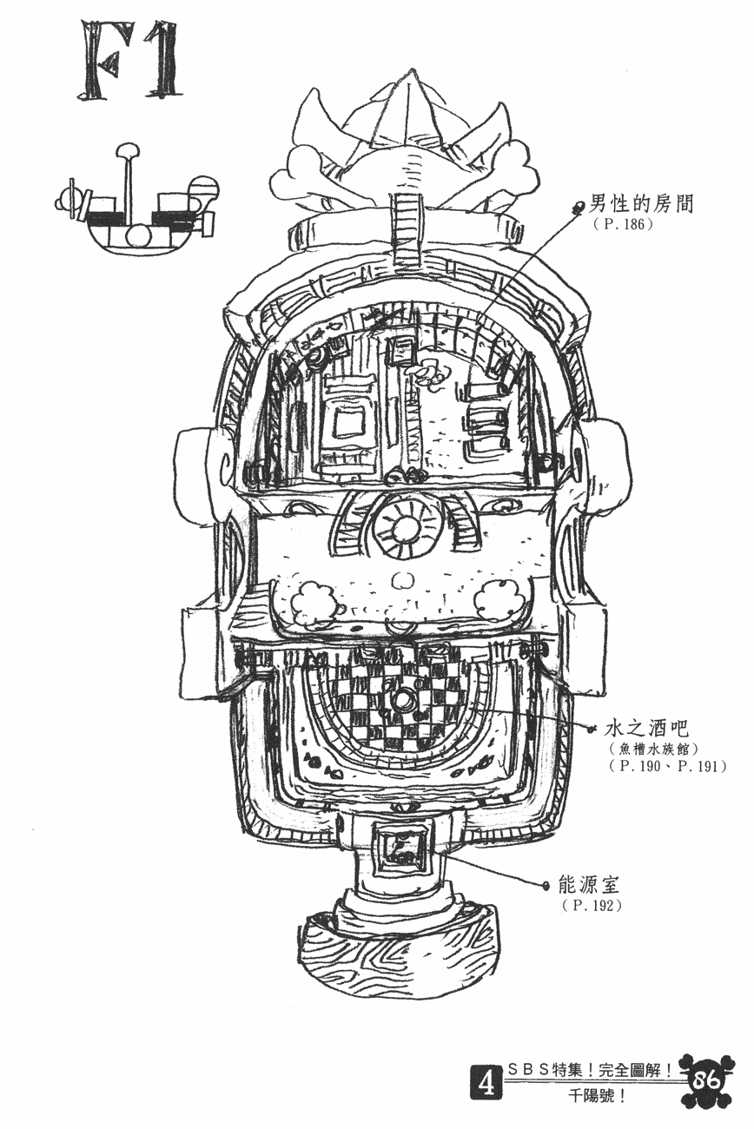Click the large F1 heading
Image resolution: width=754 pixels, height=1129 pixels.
129,61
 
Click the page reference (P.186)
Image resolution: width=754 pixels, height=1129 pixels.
621,225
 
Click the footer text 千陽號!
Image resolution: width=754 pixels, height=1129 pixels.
594,1095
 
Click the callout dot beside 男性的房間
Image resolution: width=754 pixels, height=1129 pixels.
579,206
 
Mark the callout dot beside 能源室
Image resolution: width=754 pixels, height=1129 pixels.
545,886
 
